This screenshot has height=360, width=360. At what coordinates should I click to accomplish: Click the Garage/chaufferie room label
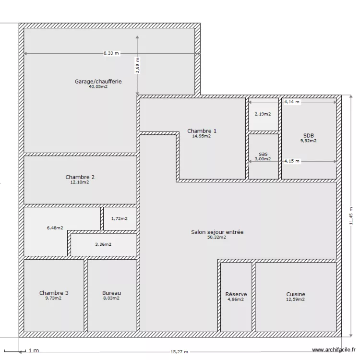pos(98,82)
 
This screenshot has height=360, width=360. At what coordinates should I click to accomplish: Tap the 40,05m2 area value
pos(98,87)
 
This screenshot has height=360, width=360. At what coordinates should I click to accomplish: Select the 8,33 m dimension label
pos(111,53)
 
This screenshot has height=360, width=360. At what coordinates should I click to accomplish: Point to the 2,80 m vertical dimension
pos(137,65)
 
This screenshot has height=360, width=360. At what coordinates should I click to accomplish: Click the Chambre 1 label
pos(202,131)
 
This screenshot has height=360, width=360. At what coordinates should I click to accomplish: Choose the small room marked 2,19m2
pos(263,114)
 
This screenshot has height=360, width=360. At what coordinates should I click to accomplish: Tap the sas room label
pos(263,154)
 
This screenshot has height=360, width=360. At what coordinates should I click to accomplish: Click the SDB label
pos(309,135)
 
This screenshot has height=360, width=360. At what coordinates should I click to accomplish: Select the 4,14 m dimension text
pos(291,102)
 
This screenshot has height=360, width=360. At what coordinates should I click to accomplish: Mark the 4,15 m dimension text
pos(292,161)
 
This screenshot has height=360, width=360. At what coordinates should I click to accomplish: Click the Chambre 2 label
pos(80,177)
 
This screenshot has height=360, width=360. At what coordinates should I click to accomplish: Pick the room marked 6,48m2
pos(55,228)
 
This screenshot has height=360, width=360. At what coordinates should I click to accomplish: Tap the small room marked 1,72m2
pos(120,219)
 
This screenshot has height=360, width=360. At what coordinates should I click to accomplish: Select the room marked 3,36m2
pos(103,244)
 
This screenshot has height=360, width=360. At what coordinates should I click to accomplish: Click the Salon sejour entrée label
pos(217,232)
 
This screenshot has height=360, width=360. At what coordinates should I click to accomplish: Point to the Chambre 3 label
pos(54,293)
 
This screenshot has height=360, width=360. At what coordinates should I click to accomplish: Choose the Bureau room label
pos(111,293)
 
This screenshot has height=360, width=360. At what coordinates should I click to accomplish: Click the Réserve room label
pos(236,294)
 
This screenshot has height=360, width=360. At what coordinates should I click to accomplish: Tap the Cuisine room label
pos(296,294)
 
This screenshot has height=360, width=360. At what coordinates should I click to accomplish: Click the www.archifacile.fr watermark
pos(334,351)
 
